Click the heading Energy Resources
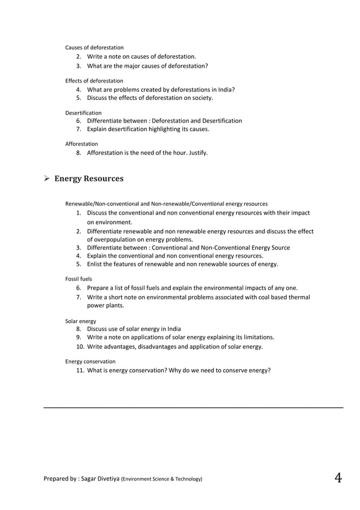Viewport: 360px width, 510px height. [89, 179]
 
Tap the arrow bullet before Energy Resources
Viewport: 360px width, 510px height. [47, 179]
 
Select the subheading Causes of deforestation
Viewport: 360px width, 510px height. [94, 47]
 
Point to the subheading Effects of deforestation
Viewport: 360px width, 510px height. [94, 81]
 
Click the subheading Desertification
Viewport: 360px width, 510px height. [84, 113]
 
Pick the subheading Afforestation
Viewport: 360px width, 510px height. [81, 144]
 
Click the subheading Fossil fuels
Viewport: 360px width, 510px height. [78, 279]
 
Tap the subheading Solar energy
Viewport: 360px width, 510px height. [81, 321]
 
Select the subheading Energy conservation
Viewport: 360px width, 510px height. [90, 361]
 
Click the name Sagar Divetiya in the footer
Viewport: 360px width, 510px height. [98, 479]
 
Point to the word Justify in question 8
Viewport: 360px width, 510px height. [197, 152]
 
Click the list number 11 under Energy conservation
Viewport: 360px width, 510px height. [80, 370]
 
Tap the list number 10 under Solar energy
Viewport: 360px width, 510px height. [80, 347]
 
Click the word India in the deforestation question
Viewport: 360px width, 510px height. [226, 89]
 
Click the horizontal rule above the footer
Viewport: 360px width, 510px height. [193, 407]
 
